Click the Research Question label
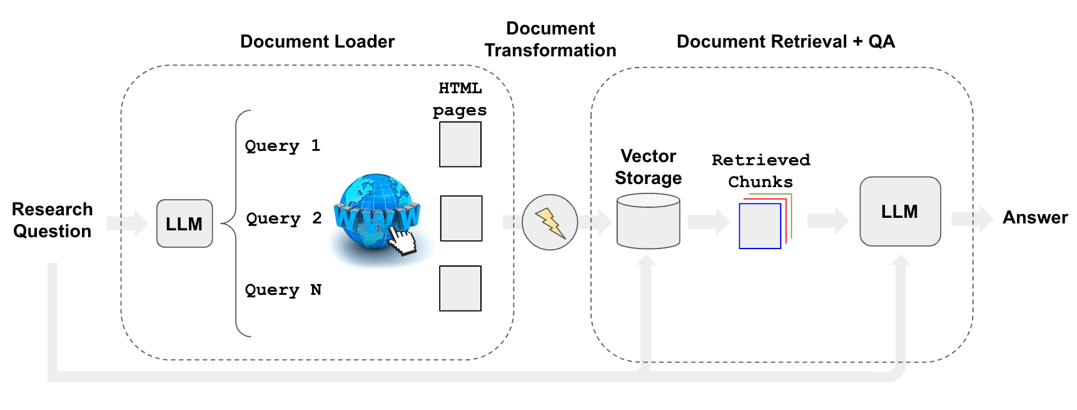[x=53, y=220]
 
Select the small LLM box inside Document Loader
[x=185, y=223]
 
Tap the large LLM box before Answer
[x=900, y=212]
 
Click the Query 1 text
[x=283, y=146]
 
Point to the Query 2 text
[x=284, y=218]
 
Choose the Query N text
[x=283, y=290]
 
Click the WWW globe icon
[x=376, y=216]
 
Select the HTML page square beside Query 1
[x=460, y=145]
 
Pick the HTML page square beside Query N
[x=460, y=289]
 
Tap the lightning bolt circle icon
[x=550, y=222]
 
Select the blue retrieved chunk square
[x=760, y=226]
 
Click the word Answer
[x=1035, y=217]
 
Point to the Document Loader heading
[x=317, y=41]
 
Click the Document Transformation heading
[x=550, y=39]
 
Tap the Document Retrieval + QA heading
[x=786, y=41]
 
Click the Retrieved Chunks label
[x=761, y=171]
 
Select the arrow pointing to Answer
[x=972, y=219]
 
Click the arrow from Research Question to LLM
[x=127, y=223]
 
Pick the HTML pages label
[x=460, y=99]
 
